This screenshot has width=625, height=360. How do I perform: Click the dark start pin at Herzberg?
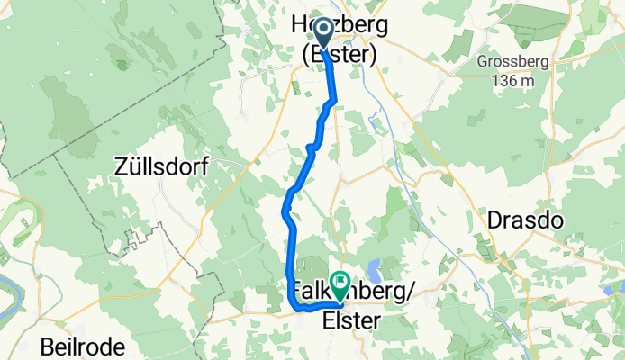point(324,32)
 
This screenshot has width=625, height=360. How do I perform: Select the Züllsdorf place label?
point(162,166)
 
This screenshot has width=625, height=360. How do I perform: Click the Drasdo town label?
point(518,220)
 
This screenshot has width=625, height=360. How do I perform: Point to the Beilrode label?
point(83,346)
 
